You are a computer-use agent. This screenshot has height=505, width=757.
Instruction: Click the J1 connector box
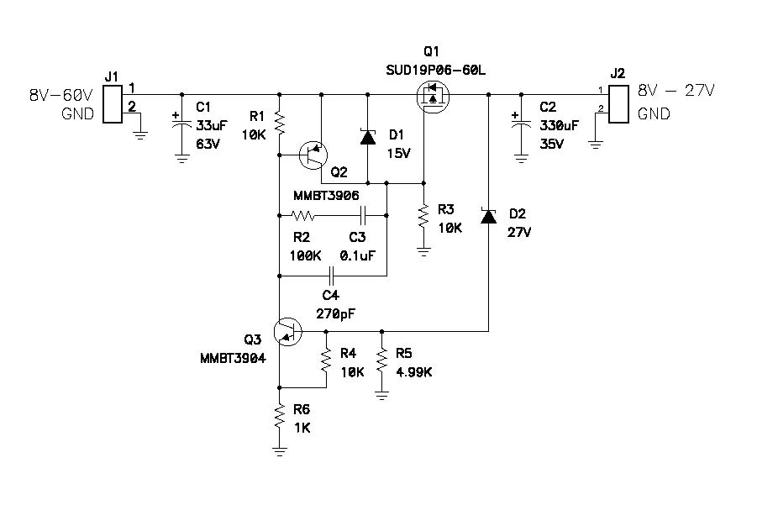(x=112, y=104)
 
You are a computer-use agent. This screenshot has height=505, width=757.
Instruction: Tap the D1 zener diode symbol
(x=367, y=138)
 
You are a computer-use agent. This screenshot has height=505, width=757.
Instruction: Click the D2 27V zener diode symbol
(x=488, y=216)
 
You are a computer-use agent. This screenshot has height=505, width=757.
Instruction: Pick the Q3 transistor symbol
(x=288, y=331)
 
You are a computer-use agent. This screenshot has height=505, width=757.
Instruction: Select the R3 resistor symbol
(x=423, y=217)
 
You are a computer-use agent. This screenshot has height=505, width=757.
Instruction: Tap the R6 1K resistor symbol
(x=280, y=417)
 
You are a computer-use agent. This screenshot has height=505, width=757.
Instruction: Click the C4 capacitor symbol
(x=333, y=275)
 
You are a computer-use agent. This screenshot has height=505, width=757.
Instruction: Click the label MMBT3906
(x=326, y=195)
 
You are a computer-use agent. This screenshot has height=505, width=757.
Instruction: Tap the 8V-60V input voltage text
(x=60, y=95)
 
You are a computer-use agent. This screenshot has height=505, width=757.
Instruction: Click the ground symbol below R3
(x=423, y=249)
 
